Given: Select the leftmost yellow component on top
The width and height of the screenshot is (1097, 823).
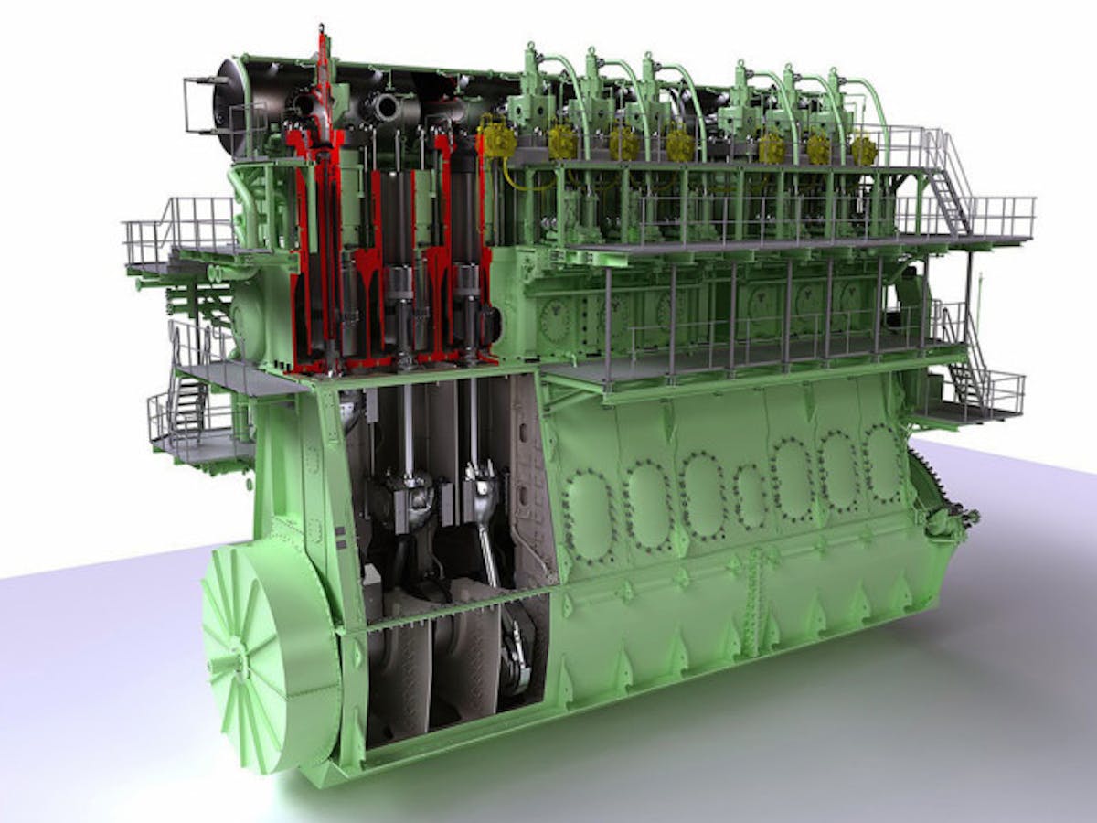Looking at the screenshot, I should click(x=499, y=140).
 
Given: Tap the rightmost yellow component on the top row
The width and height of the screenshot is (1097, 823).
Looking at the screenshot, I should click(x=864, y=150).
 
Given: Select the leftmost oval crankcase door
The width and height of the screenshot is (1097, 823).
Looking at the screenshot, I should click(x=589, y=516).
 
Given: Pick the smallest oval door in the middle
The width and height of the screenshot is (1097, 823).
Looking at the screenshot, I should click(x=751, y=497).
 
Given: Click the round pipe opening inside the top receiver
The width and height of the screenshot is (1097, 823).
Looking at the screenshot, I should click(x=385, y=108).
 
